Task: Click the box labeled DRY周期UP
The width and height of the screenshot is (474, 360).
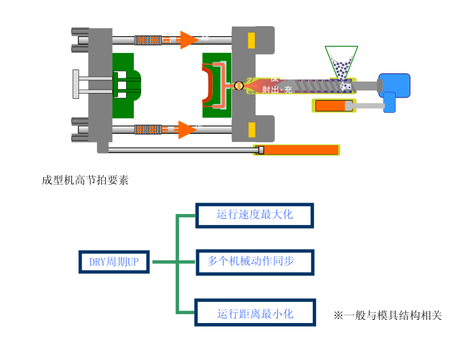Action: (114, 262)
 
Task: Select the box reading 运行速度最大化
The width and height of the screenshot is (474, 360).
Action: (254, 215)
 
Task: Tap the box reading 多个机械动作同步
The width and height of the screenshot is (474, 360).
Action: (254, 261)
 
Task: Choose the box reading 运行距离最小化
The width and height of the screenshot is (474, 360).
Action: (254, 313)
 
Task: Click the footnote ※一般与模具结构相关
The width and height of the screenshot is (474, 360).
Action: (387, 315)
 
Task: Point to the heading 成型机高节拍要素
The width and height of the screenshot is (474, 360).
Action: (85, 180)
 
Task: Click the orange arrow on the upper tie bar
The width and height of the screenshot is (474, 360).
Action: (188, 40)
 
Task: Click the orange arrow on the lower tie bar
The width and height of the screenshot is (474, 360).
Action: (187, 129)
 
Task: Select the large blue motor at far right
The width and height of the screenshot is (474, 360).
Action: (394, 83)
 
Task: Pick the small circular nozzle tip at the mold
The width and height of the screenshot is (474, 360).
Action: (239, 85)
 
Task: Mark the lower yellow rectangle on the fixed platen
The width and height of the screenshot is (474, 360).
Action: (252, 130)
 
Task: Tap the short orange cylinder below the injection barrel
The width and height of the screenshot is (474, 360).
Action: (333, 106)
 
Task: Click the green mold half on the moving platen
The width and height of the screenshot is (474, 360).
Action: (125, 85)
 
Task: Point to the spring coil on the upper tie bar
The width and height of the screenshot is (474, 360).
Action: (147, 40)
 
